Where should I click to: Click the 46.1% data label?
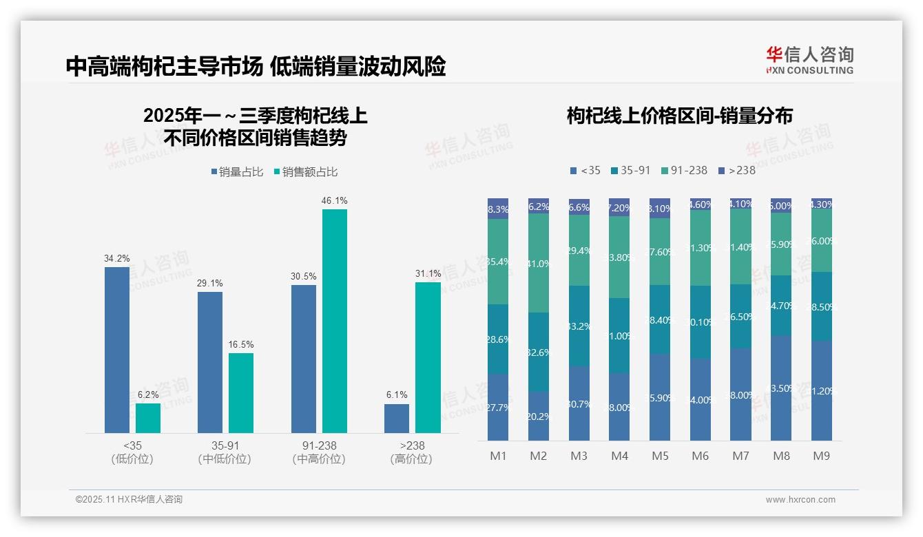click(x=334, y=200)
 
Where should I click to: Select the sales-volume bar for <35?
click(x=117, y=350)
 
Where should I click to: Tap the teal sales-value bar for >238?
click(x=428, y=357)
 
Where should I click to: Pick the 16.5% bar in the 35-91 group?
click(x=241, y=393)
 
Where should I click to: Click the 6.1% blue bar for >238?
click(x=397, y=419)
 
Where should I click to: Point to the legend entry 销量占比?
click(x=237, y=172)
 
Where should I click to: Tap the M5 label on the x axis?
click(x=660, y=456)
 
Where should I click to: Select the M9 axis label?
click(x=821, y=456)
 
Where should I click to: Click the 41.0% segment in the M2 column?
click(x=539, y=263)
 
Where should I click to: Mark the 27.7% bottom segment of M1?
click(x=498, y=407)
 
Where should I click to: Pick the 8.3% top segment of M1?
click(x=498, y=209)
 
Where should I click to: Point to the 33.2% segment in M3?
click(x=579, y=326)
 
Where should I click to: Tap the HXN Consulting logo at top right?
click(x=809, y=60)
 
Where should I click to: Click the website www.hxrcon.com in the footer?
click(x=800, y=500)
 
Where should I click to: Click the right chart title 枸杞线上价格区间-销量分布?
click(x=679, y=116)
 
